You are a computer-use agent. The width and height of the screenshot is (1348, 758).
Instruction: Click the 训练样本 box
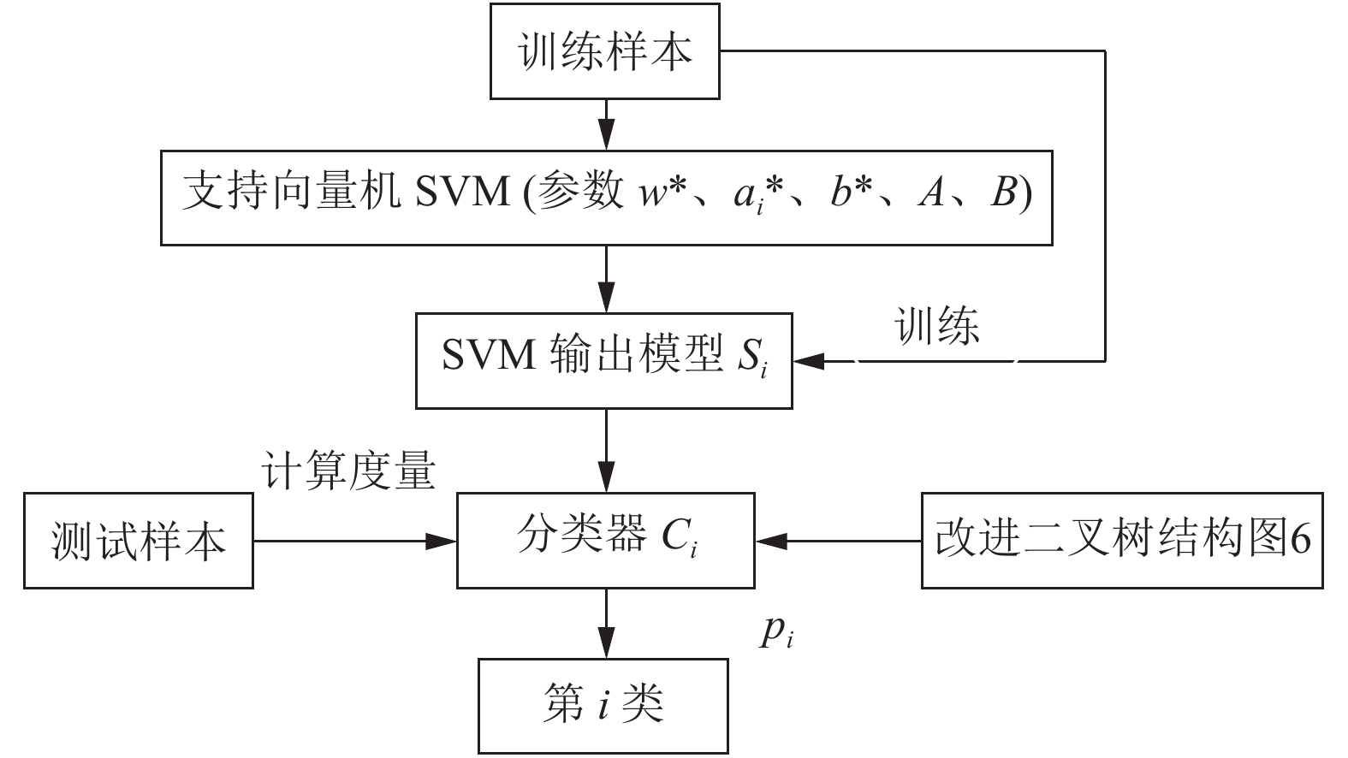(x=605, y=51)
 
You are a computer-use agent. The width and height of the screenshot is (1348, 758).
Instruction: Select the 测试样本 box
(x=139, y=540)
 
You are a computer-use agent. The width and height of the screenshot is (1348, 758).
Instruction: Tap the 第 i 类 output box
(x=603, y=706)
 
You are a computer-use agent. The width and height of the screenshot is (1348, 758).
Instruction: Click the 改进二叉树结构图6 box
(x=1122, y=540)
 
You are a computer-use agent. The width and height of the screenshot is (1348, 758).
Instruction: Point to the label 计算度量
(x=348, y=470)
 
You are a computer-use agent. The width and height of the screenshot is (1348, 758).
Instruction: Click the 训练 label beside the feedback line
(x=937, y=326)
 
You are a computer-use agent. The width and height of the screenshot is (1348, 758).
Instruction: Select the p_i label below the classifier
(x=775, y=633)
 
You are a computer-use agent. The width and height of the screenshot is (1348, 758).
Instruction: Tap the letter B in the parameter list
(x=1004, y=192)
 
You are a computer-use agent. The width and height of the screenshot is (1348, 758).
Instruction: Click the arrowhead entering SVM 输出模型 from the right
(x=808, y=361)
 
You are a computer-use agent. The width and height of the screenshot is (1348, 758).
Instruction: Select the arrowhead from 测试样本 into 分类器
(x=441, y=541)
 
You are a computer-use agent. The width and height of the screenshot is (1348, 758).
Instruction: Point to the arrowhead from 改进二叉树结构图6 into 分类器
(x=771, y=541)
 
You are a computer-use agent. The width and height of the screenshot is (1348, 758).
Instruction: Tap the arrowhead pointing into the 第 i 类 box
(x=606, y=643)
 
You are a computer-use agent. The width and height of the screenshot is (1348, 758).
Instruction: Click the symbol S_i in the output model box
(x=752, y=358)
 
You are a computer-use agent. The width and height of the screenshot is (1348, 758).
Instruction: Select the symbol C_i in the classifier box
(x=680, y=537)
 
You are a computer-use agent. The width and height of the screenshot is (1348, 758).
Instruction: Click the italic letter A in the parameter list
(x=930, y=192)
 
